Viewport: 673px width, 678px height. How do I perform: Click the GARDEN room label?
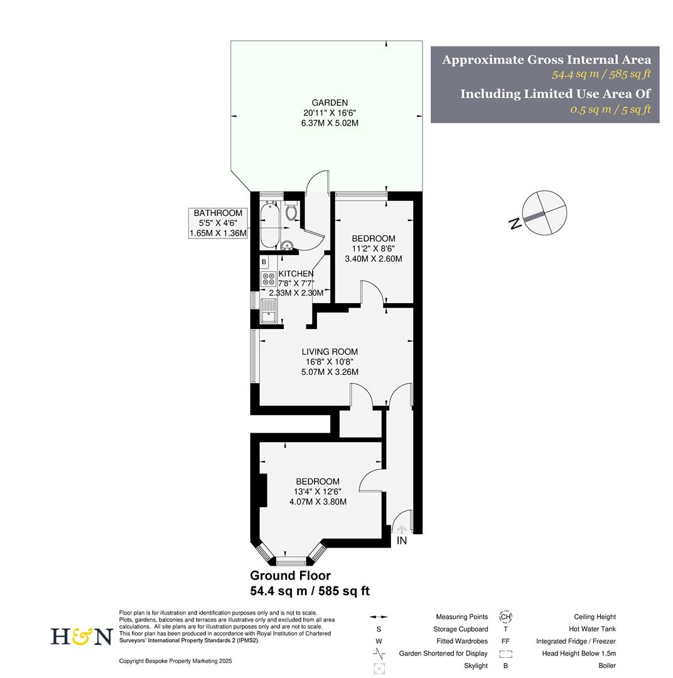330,103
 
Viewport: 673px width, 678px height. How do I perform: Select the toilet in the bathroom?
291,211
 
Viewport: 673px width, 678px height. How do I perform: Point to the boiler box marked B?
264,262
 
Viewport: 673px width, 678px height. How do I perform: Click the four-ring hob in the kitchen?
268,279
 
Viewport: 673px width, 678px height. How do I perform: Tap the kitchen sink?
268,311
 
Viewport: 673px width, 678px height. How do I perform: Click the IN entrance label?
402,541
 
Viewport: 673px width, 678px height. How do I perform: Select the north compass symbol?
544,213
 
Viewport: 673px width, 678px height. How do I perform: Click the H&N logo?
81,637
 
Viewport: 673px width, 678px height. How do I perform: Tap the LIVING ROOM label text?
330,352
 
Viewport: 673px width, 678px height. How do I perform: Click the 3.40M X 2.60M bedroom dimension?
374,259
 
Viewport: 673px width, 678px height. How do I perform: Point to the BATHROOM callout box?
218,223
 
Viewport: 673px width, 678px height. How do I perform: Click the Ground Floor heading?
290,576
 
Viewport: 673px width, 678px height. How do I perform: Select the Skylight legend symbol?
379,667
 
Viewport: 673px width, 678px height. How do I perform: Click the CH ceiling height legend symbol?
505,617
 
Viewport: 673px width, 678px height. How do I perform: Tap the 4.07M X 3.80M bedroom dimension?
318,502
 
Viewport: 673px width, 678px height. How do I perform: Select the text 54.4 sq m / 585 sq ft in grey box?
601,75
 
